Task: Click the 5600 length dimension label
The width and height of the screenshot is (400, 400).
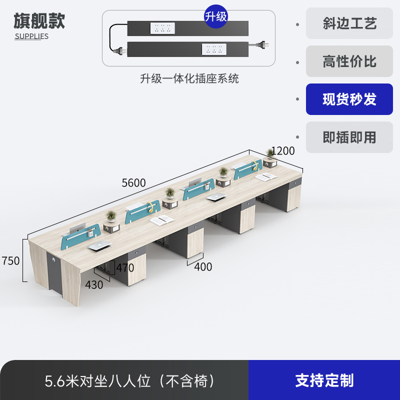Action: click(x=134, y=183)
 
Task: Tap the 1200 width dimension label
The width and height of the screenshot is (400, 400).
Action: click(x=283, y=151)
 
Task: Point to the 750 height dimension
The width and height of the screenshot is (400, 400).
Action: click(x=10, y=261)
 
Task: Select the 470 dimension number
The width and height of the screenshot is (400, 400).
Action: click(x=125, y=268)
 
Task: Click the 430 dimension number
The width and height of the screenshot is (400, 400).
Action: click(x=94, y=285)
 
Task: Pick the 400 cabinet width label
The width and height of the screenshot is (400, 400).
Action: click(x=203, y=267)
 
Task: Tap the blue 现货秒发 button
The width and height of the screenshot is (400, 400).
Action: click(x=349, y=99)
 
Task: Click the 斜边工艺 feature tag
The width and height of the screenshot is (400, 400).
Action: click(x=349, y=23)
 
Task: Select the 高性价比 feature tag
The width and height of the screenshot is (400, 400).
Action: click(x=349, y=61)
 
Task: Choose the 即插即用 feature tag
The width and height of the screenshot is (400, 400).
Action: click(x=349, y=137)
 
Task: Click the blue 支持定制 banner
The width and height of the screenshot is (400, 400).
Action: click(x=324, y=380)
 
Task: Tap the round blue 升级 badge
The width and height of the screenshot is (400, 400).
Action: click(x=216, y=16)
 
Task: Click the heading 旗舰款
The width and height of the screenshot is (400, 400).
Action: click(x=39, y=21)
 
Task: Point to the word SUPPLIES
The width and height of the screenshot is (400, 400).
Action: click(x=31, y=36)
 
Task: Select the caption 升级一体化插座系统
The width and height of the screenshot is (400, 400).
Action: click(x=189, y=78)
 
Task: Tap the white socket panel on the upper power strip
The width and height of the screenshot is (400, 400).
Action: click(x=162, y=28)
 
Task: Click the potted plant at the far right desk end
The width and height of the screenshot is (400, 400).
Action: click(x=271, y=153)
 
